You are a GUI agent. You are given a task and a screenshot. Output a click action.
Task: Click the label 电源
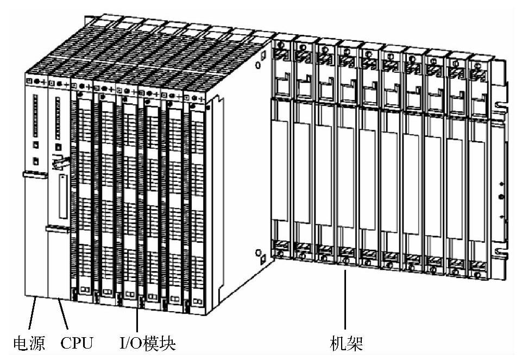pos(28,343)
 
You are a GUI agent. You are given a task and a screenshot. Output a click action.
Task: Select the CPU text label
pos(77,343)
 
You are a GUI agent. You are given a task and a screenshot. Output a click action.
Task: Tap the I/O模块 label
pos(148,343)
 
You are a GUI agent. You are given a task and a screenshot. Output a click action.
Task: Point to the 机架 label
pos(346,343)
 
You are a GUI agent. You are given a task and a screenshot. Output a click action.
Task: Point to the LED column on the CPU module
pos(56,117)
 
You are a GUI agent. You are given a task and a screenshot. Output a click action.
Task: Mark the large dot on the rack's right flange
pos(500,196)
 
